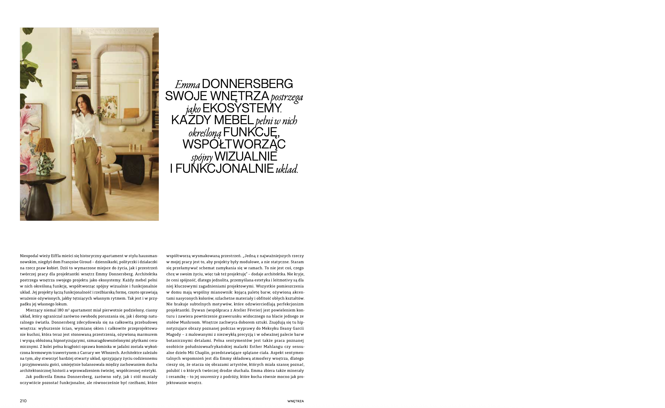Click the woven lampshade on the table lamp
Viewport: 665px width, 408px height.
coord(46,145)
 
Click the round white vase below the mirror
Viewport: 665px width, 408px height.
coord(123,129)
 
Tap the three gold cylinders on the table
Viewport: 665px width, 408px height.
coord(133,147)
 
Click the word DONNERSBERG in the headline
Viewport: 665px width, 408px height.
coord(247,84)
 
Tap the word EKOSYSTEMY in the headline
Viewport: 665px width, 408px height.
coord(241,108)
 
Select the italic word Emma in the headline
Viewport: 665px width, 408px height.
coord(187,85)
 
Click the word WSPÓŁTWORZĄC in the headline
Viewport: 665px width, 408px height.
coord(234,144)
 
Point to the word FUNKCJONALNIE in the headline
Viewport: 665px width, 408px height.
coord(225,168)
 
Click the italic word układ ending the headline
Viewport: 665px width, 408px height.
coord(287,169)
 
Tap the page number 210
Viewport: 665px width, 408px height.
coord(23,401)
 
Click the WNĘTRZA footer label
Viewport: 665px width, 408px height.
coord(295,401)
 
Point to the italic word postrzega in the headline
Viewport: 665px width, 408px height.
coord(287,97)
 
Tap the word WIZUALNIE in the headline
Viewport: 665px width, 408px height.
coord(246,156)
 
